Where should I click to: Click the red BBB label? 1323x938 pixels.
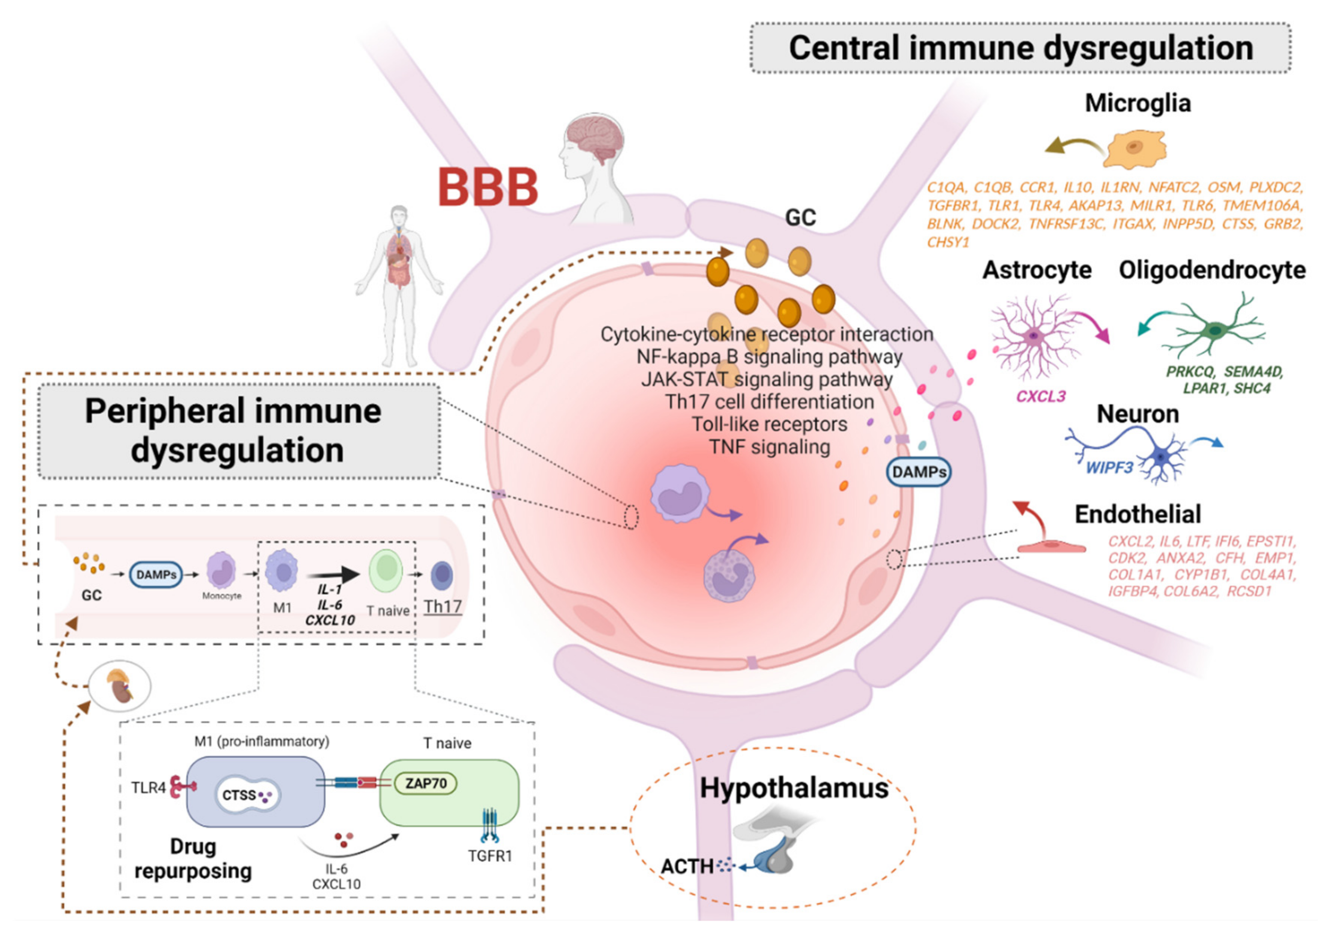[488, 187]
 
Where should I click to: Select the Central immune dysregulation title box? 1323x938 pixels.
[1020, 48]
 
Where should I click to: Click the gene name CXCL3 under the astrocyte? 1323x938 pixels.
[1041, 396]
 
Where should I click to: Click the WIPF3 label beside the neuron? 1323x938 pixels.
[1109, 467]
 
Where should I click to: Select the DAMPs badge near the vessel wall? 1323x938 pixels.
[919, 472]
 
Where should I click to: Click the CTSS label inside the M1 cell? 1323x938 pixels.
[239, 796]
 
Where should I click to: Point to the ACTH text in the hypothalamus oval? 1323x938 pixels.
[687, 867]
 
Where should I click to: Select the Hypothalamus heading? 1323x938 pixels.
[794, 788]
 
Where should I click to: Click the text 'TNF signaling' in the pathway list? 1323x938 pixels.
[770, 447]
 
